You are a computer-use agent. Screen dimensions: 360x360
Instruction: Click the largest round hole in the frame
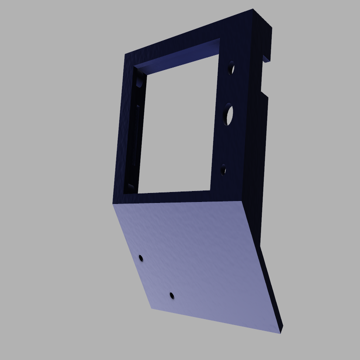228,115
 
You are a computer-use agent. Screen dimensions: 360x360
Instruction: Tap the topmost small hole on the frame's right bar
231,68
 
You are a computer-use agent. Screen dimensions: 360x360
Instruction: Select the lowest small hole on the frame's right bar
223,170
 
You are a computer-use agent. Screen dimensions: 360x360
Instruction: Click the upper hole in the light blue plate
141,258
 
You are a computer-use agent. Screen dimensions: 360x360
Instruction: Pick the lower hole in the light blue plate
172,296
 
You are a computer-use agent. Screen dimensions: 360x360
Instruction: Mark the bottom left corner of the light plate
152,308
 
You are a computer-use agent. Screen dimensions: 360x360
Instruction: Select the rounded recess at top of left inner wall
139,83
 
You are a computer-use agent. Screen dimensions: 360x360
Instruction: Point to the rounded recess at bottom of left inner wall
131,187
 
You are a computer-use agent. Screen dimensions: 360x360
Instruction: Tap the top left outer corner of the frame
126,55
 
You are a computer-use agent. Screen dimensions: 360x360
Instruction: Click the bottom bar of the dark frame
176,198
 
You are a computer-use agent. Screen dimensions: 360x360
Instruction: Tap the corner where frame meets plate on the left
113,204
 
